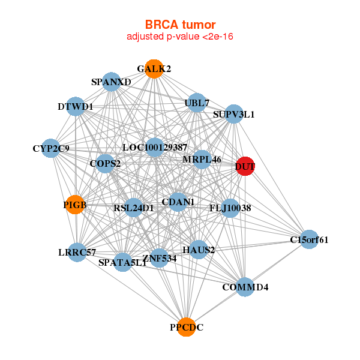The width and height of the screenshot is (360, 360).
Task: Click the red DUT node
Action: (x=245, y=166)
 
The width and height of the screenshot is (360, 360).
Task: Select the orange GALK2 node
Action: (x=154, y=69)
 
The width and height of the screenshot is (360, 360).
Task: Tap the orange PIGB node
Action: (x=75, y=205)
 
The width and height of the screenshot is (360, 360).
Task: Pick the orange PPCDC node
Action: (x=187, y=327)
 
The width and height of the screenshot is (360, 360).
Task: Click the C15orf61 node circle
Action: (x=309, y=240)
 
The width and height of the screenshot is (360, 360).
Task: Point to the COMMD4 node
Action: (x=245, y=287)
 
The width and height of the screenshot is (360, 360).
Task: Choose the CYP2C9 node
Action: (x=51, y=148)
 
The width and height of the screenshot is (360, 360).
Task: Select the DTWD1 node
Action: (x=75, y=107)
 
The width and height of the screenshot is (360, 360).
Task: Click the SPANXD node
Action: (x=112, y=82)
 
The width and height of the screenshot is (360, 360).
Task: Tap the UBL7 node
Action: (x=196, y=103)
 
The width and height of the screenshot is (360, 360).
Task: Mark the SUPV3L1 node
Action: (x=233, y=114)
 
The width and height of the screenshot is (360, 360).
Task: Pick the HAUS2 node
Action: (x=199, y=249)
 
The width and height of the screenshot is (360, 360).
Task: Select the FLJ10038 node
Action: (x=230, y=208)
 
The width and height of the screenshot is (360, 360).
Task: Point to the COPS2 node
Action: (x=105, y=163)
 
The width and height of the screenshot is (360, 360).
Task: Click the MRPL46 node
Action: (x=202, y=160)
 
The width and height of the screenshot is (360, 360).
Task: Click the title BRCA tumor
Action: (x=180, y=25)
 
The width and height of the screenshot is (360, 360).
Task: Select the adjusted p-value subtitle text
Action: (x=180, y=37)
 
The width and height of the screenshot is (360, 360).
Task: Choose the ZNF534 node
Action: (x=159, y=258)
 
